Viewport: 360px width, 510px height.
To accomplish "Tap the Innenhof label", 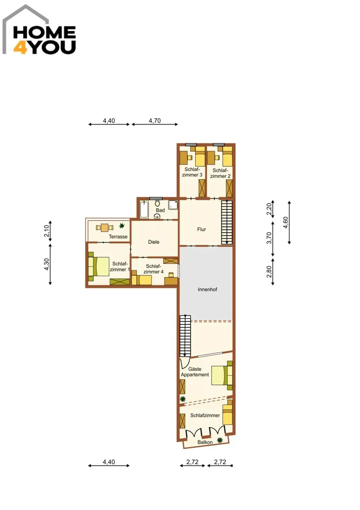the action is pyautogui.click(x=207, y=289).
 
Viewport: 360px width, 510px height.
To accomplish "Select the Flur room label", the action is pyautogui.click(x=201, y=229).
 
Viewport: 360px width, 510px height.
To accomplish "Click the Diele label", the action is pyautogui.click(x=153, y=242).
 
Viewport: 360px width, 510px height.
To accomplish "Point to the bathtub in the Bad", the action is pyautogui.click(x=144, y=210).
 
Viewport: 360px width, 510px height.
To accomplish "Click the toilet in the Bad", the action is pyautogui.click(x=158, y=203).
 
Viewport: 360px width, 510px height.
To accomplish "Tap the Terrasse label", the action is pyautogui.click(x=118, y=237).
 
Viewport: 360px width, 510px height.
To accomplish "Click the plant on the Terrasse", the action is pyautogui.click(x=122, y=225).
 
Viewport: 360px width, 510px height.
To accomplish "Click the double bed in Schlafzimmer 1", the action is pyautogui.click(x=99, y=266).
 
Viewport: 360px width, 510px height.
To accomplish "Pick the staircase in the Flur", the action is pyautogui.click(x=227, y=222).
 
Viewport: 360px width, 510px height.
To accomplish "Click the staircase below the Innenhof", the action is pyautogui.click(x=185, y=336).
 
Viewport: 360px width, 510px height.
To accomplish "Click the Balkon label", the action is pyautogui.click(x=205, y=442).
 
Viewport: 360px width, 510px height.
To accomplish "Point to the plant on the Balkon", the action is pyautogui.click(x=220, y=440).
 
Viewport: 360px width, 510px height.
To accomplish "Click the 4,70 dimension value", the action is pyautogui.click(x=155, y=121).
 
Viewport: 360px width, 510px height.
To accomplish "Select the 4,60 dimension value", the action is pyautogui.click(x=286, y=222).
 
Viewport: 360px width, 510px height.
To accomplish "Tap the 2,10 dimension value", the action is pyautogui.click(x=46, y=231).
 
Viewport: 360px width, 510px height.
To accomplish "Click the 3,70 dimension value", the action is pyautogui.click(x=269, y=238).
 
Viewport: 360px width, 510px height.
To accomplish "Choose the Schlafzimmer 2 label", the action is pyautogui.click(x=220, y=173).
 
